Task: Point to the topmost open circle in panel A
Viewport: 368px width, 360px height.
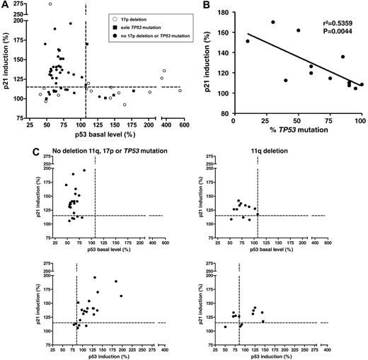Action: click(x=50, y=4)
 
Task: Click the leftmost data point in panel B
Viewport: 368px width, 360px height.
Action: click(x=247, y=41)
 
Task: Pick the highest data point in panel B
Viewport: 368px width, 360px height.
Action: click(x=272, y=22)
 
